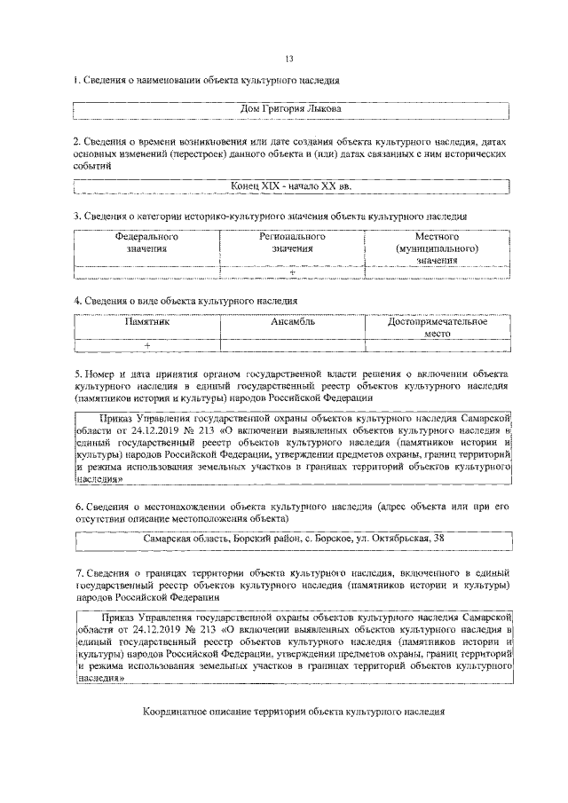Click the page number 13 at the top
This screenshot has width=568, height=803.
click(289, 59)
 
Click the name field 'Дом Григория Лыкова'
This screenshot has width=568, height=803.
click(290, 110)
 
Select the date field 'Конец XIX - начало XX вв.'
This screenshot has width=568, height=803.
click(290, 185)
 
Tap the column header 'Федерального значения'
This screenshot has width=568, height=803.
click(146, 243)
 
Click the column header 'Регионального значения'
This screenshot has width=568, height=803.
click(291, 243)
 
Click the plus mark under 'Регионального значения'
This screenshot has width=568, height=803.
click(291, 272)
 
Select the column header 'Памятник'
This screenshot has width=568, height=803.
click(146, 322)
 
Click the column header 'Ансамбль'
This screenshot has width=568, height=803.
click(291, 322)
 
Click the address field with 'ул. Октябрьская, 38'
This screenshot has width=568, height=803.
click(290, 539)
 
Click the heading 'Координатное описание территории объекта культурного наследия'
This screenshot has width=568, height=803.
click(290, 712)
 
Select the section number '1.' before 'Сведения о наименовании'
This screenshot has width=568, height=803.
click(77, 81)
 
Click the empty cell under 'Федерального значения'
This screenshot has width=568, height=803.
click(146, 272)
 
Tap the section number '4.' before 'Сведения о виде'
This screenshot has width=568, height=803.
click(77, 302)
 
